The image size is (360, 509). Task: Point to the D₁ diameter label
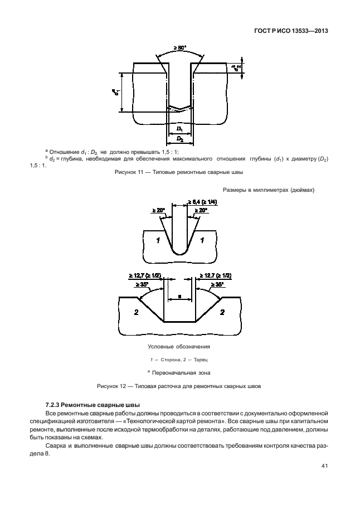(x=179, y=129)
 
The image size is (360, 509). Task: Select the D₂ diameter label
(x=179, y=138)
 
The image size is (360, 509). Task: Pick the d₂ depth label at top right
(x=237, y=67)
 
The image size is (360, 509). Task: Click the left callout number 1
(x=159, y=241)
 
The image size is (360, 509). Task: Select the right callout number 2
(x=222, y=313)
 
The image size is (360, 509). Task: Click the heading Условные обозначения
(x=179, y=347)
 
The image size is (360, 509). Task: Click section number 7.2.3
(x=53, y=404)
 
